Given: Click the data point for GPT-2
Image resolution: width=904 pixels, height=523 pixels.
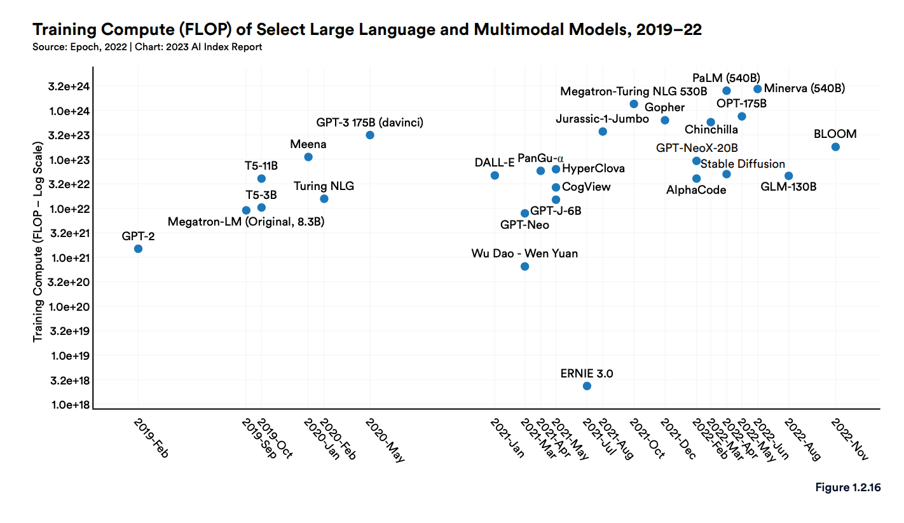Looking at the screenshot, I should tap(138, 248).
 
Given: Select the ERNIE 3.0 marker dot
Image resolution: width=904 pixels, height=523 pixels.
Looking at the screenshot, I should tap(587, 386).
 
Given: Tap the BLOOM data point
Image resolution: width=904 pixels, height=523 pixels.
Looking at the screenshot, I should tap(835, 147).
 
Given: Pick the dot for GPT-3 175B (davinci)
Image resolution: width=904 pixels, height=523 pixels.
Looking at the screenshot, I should tap(370, 135).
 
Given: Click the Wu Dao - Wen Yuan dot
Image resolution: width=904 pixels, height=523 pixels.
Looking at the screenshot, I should tap(524, 266).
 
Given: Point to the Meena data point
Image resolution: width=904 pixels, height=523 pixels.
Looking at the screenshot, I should tap(308, 157).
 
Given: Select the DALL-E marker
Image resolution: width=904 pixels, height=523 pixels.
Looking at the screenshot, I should tap(495, 175).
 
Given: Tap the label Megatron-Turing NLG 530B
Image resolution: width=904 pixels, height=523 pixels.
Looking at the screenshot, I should tap(633, 92).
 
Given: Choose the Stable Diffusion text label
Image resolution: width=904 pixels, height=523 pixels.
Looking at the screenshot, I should tap(743, 164).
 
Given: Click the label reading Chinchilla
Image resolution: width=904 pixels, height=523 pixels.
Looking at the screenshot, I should tap(711, 130).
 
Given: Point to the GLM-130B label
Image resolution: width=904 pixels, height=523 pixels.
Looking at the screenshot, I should tap(788, 187).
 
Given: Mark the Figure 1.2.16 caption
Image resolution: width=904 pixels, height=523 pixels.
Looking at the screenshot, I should tap(847, 487).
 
